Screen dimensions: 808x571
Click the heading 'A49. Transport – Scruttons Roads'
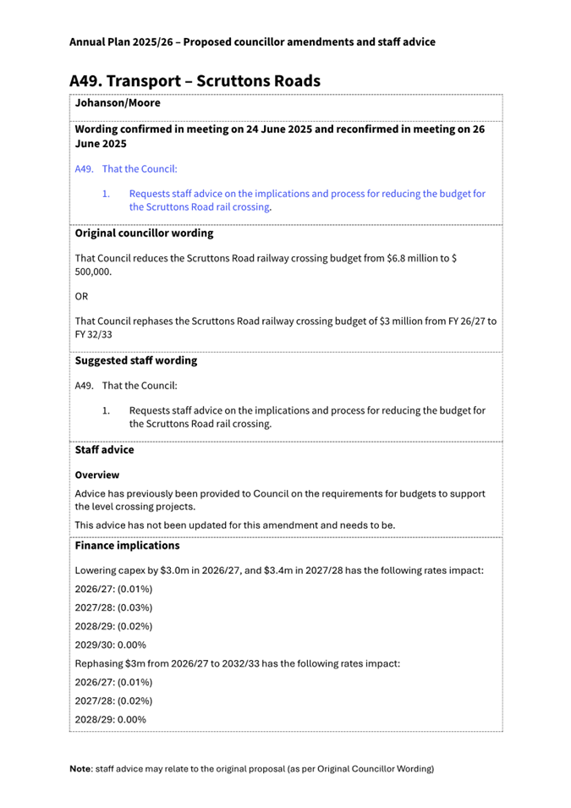coord(195,80)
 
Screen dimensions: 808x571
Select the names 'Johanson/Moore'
coord(118,103)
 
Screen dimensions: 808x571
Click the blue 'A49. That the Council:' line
coord(126,169)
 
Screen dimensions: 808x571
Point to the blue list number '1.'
coord(107,194)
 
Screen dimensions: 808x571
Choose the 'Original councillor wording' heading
coord(144,232)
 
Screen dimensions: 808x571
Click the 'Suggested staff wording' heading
coord(136,360)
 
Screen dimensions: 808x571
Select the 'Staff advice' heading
coord(104,450)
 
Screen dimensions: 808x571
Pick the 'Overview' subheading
coord(96,475)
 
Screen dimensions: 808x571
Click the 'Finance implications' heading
coord(127,546)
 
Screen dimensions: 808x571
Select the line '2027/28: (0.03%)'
coord(114,607)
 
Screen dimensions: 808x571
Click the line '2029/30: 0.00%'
coord(110,645)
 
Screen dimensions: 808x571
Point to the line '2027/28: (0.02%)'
coord(114,701)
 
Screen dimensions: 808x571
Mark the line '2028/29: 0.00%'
coord(110,719)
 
